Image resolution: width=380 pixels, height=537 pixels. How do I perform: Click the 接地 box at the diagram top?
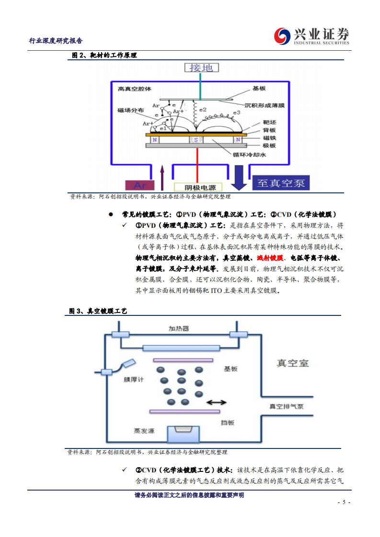(201, 67)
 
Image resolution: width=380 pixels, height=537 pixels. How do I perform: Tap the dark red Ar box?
(140, 185)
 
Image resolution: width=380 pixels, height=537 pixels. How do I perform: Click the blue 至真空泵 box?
(281, 182)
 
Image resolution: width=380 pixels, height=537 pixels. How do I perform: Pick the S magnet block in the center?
(196, 140)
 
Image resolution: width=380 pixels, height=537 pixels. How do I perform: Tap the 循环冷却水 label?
(249, 155)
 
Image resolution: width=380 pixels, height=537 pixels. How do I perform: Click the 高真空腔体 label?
(134, 89)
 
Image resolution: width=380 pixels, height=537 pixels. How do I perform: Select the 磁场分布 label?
(130, 110)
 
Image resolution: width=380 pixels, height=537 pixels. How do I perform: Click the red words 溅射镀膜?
(270, 257)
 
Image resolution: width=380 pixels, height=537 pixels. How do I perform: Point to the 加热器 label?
(178, 329)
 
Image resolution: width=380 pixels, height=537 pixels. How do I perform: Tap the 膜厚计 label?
(134, 380)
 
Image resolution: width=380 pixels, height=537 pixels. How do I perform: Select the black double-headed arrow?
(217, 403)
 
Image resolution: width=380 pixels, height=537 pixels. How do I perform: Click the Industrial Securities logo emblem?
(283, 36)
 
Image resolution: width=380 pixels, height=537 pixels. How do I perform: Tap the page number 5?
(344, 503)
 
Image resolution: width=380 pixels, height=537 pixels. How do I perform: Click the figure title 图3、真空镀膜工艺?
(98, 311)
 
